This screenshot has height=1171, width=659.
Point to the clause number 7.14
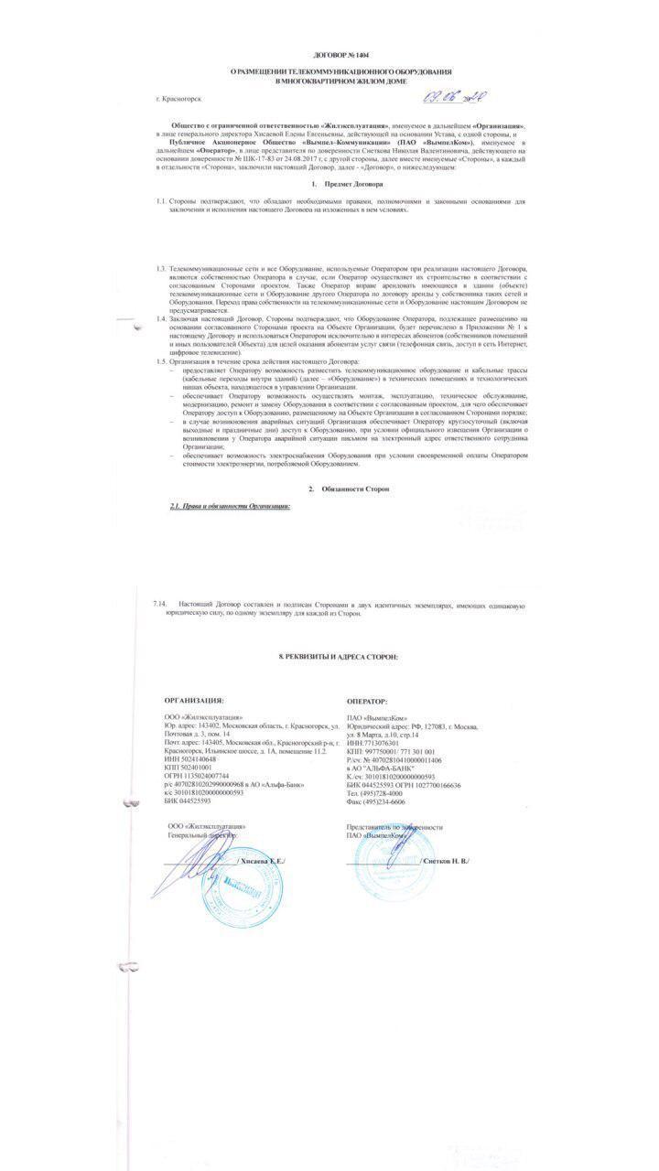[x=161, y=606]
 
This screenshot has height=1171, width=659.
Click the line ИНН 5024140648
[x=190, y=759]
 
